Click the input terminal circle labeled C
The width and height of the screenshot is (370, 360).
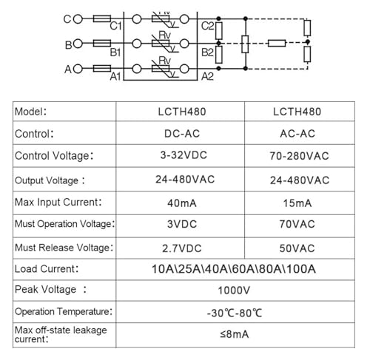[78, 19]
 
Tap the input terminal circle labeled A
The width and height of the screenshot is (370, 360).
[78, 69]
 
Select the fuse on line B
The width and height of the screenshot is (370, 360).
[102, 44]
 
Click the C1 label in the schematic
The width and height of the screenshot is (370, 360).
[115, 26]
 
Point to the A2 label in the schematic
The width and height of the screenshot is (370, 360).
[207, 77]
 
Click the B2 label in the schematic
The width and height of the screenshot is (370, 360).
[207, 52]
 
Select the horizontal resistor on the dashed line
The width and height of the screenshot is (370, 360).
[277, 44]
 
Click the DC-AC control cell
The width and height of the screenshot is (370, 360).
[182, 134]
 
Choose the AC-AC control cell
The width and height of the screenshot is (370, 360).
[297, 134]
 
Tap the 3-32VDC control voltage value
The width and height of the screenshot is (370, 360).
[184, 155]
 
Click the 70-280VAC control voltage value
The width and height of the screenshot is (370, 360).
[299, 156]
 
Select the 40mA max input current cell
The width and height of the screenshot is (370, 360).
[182, 203]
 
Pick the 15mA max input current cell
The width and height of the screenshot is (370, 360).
[297, 203]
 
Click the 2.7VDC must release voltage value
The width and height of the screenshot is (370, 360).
[182, 248]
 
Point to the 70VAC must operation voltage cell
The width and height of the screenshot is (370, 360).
[297, 224]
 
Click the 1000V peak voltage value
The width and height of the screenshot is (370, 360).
[234, 291]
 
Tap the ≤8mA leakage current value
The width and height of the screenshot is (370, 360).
[234, 334]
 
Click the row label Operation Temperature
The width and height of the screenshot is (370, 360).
[64, 312]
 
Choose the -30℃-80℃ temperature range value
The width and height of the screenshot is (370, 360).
[235, 313]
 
